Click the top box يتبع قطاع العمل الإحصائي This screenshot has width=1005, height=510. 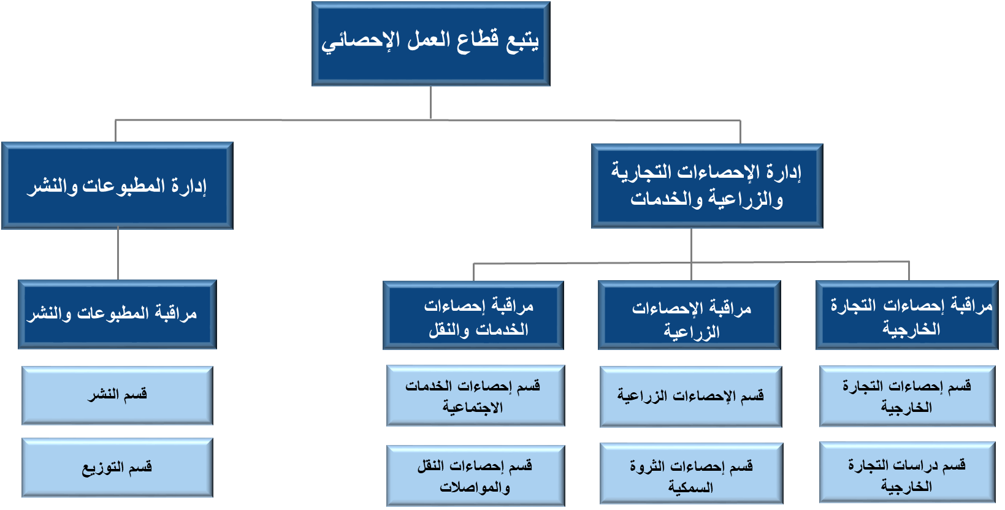click(x=430, y=44)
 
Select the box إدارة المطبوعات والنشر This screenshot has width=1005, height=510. click(x=117, y=186)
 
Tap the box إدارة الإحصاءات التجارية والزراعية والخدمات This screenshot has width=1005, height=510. click(x=706, y=186)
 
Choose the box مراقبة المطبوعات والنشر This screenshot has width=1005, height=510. click(x=117, y=314)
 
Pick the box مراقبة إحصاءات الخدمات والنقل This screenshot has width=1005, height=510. click(x=473, y=316)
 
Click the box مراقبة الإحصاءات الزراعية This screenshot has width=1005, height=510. click(x=689, y=316)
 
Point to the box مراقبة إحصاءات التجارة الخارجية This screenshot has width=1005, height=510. click(x=906, y=316)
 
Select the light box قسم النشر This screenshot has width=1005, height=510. click(x=117, y=395)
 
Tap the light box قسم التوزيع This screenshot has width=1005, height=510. click(x=117, y=468)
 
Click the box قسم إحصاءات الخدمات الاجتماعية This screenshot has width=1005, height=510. click(x=475, y=396)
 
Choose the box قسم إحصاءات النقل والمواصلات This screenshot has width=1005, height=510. click(x=475, y=476)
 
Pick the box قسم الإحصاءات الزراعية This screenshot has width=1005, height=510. click(x=690, y=397)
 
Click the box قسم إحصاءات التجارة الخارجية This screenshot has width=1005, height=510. click(x=907, y=396)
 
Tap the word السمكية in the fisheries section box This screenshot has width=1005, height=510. click(x=690, y=488)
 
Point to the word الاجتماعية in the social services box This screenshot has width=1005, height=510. click(x=473, y=408)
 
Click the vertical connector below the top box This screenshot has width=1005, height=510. click(x=430, y=102)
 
